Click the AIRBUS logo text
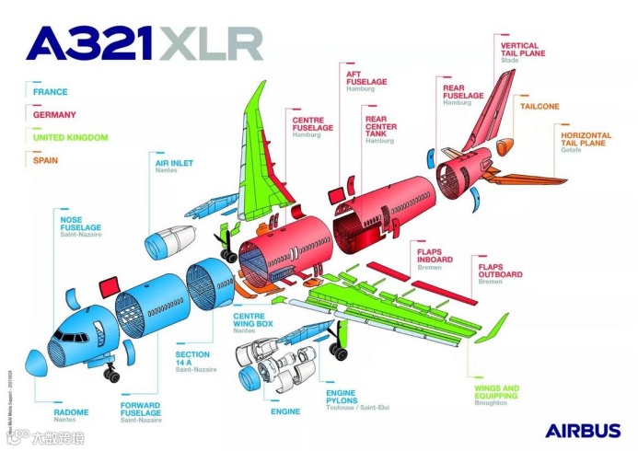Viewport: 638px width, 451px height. click(x=582, y=430)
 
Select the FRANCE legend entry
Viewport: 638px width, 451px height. click(x=51, y=92)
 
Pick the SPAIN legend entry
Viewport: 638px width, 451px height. click(x=46, y=160)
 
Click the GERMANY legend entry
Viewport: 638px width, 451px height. click(x=54, y=115)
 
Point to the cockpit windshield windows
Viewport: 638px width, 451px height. click(x=67, y=336)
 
